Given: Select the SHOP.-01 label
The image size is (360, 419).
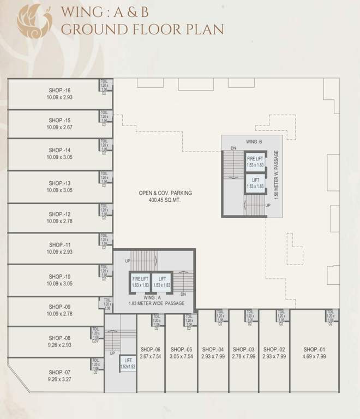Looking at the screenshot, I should (314, 349).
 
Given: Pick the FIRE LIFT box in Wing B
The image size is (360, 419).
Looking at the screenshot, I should (255, 161).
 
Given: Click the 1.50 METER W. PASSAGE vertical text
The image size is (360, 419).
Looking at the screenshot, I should (277, 175).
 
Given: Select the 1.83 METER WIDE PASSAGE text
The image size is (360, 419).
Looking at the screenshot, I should (157, 303).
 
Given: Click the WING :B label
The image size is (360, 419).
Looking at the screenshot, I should (254, 142).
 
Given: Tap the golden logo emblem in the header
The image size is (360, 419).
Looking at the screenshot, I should (34, 21).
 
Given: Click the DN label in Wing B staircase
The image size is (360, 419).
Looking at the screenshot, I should (233, 148).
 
